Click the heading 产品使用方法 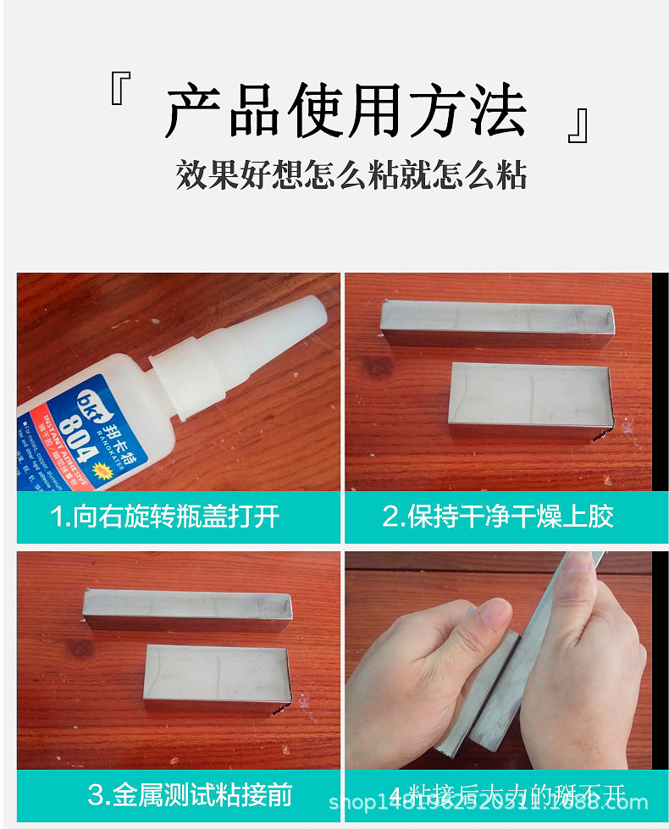[x=346, y=112]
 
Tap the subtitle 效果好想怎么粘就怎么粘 [x=351, y=175]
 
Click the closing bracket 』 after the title [x=578, y=125]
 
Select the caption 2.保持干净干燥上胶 [x=498, y=517]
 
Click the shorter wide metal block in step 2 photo [x=531, y=396]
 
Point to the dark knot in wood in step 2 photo [x=378, y=368]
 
